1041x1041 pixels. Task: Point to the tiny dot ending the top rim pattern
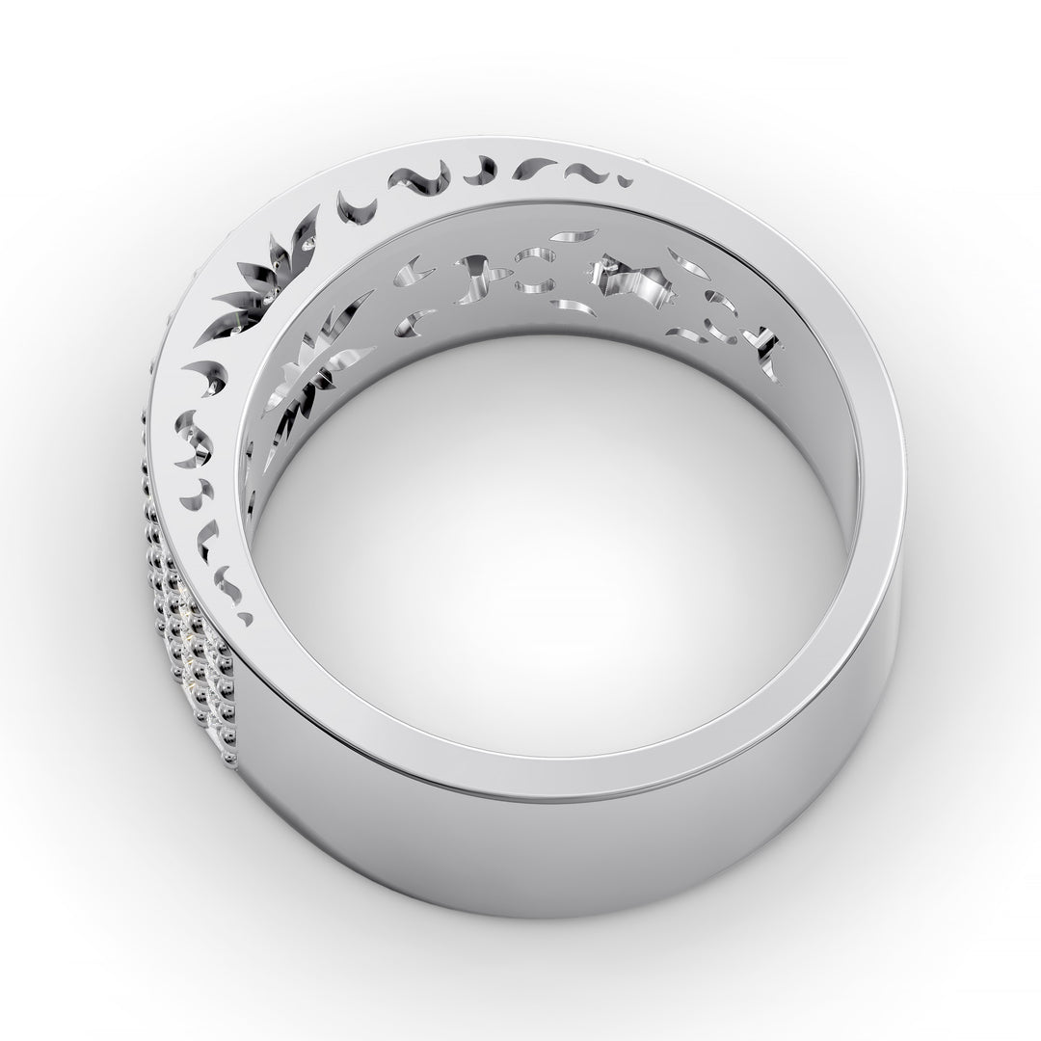627,180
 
